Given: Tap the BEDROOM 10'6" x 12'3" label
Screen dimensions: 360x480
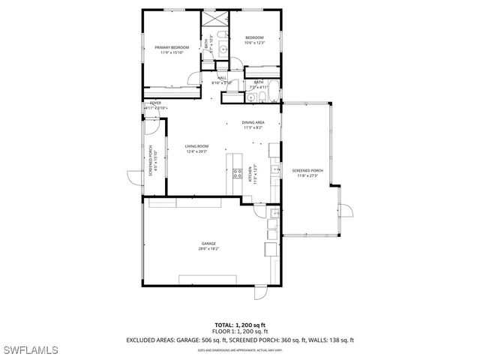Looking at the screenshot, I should pos(253,40).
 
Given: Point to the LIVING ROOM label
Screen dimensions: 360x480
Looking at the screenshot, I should pos(197,148).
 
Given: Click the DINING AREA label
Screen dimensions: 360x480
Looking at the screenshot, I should pos(252,124).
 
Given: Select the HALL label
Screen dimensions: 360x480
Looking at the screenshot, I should pos(222,79).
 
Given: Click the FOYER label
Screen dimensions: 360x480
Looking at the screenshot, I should pos(155,104).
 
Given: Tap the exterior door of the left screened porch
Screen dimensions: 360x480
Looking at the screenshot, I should pos(133,178).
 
